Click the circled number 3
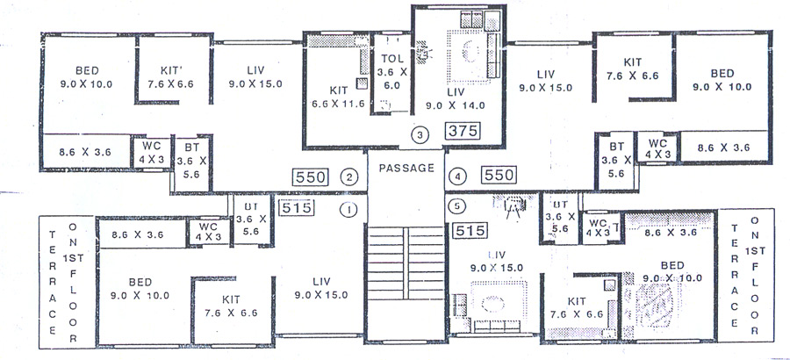point(420,134)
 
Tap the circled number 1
point(348,209)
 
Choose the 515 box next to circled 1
point(296,208)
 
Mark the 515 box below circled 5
point(470,230)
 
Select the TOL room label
point(391,60)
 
